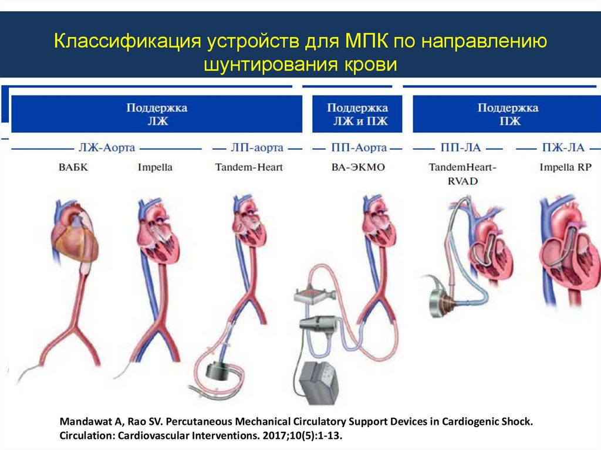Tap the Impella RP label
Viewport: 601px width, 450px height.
565,167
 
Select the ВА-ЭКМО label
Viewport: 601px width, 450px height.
357,167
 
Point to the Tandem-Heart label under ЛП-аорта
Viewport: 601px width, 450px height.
249,167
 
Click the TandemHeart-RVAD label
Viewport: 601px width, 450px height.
462,174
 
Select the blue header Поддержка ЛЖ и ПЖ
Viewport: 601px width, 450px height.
357,115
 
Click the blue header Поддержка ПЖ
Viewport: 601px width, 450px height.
507,115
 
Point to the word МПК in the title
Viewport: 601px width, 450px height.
362,43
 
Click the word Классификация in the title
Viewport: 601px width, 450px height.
125,43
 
